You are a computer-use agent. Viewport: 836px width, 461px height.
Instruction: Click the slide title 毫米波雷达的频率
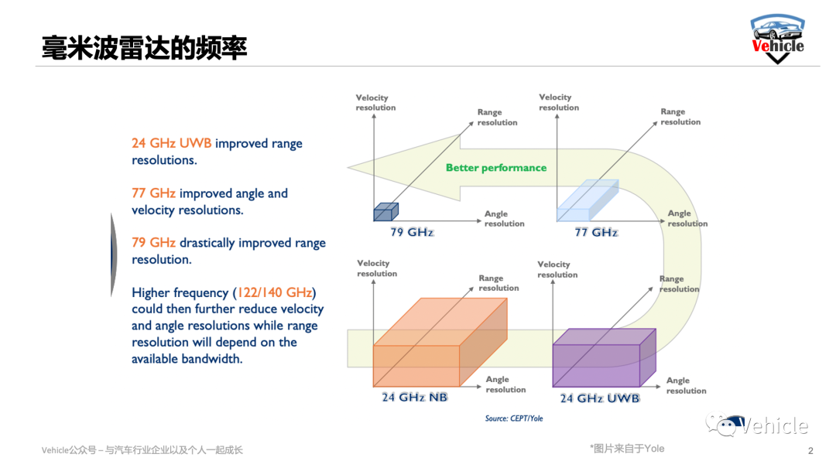point(145,47)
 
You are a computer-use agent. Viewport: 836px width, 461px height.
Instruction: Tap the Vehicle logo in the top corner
point(777,39)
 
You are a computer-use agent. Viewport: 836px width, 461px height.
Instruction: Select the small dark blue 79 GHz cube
point(385,212)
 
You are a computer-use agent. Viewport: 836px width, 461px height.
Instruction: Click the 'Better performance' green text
point(496,168)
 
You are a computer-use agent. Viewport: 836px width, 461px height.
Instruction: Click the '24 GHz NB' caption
point(415,398)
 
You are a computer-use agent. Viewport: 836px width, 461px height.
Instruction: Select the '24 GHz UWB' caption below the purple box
point(600,398)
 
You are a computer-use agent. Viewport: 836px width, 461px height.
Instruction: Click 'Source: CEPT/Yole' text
point(514,418)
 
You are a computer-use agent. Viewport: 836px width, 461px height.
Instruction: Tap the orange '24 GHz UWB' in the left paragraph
point(171,144)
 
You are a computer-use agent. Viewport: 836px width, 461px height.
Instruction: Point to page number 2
point(810,451)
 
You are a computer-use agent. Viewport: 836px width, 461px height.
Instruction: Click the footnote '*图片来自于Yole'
point(626,449)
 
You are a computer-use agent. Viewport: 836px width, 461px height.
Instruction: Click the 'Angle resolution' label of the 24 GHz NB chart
point(505,384)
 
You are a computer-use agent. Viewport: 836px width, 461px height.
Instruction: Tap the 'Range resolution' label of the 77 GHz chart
point(680,117)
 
